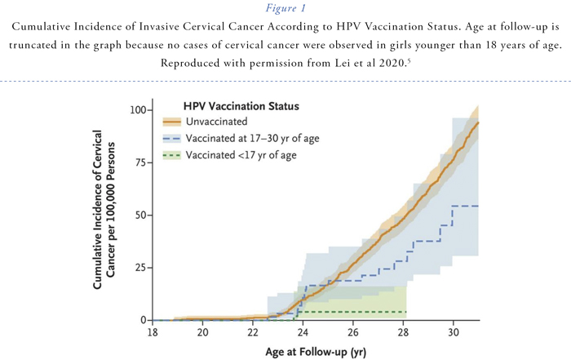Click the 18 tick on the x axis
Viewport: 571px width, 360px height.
(x=153, y=333)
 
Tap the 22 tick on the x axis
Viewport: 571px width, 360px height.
(x=253, y=333)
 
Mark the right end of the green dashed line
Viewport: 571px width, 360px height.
(x=405, y=312)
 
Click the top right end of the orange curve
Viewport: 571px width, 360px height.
(x=478, y=122)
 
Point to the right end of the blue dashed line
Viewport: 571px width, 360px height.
(x=478, y=206)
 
